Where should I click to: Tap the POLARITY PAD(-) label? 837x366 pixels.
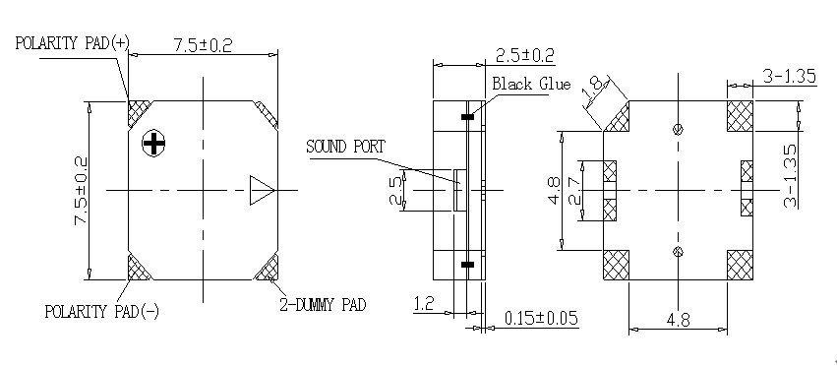[x=101, y=311]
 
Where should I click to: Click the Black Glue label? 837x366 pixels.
[x=532, y=84]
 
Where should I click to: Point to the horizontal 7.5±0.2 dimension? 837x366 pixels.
[x=204, y=45]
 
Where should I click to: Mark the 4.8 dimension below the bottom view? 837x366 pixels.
[x=678, y=320]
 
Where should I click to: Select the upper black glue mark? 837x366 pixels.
[x=467, y=117]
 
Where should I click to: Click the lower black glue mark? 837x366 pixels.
[x=467, y=264]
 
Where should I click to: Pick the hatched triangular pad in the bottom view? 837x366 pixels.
[x=618, y=118]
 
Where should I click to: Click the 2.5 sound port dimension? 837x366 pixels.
[x=393, y=189]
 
